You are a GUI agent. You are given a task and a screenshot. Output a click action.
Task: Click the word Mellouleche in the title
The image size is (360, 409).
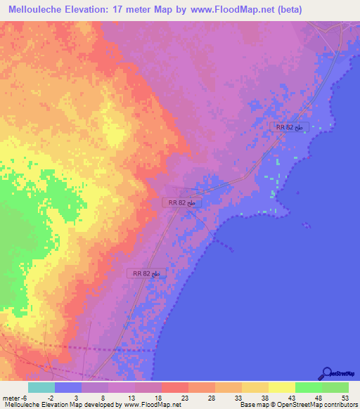39,10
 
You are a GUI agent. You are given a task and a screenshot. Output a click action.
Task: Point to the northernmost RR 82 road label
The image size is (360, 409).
290,126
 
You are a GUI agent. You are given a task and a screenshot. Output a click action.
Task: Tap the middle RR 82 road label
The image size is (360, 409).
183,202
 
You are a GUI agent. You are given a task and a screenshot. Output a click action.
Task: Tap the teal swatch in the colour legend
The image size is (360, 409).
41,387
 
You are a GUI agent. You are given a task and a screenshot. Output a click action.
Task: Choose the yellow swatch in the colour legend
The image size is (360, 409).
281,387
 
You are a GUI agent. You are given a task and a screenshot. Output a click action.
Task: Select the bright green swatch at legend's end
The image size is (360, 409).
335,387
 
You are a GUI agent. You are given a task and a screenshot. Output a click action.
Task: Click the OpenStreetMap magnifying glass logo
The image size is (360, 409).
326,374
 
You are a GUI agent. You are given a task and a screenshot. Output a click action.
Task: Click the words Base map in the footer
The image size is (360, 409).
252,404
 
